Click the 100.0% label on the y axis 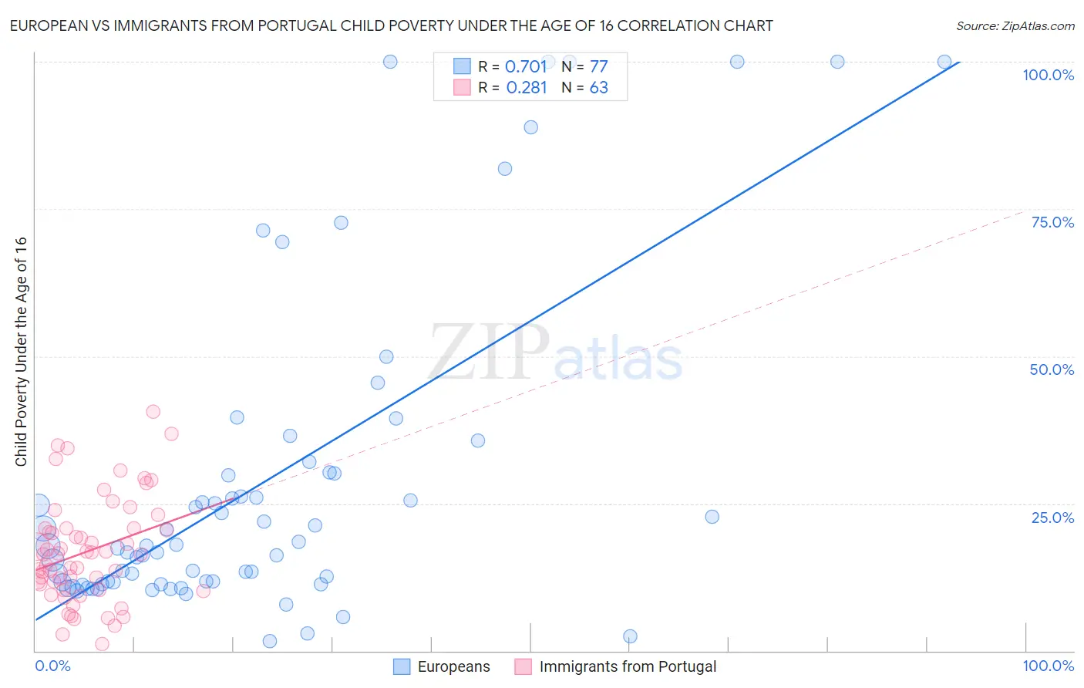point(1048,75)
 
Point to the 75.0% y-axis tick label point(1052,222)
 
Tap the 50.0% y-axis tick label point(1052,369)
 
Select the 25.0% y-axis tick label point(1052,518)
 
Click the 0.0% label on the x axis point(52,666)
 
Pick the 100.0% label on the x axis point(1048,666)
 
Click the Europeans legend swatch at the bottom point(402,666)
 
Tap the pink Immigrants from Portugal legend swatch point(523,666)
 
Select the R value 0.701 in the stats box point(526,66)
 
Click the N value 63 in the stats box point(598,88)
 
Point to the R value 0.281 point(527,88)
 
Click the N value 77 point(598,66)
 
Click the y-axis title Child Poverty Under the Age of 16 point(21,352)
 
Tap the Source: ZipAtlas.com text point(1015,25)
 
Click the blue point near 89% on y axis point(530,127)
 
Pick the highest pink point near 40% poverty point(153,412)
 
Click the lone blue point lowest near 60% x point(630,636)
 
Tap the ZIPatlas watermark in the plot point(555,353)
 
